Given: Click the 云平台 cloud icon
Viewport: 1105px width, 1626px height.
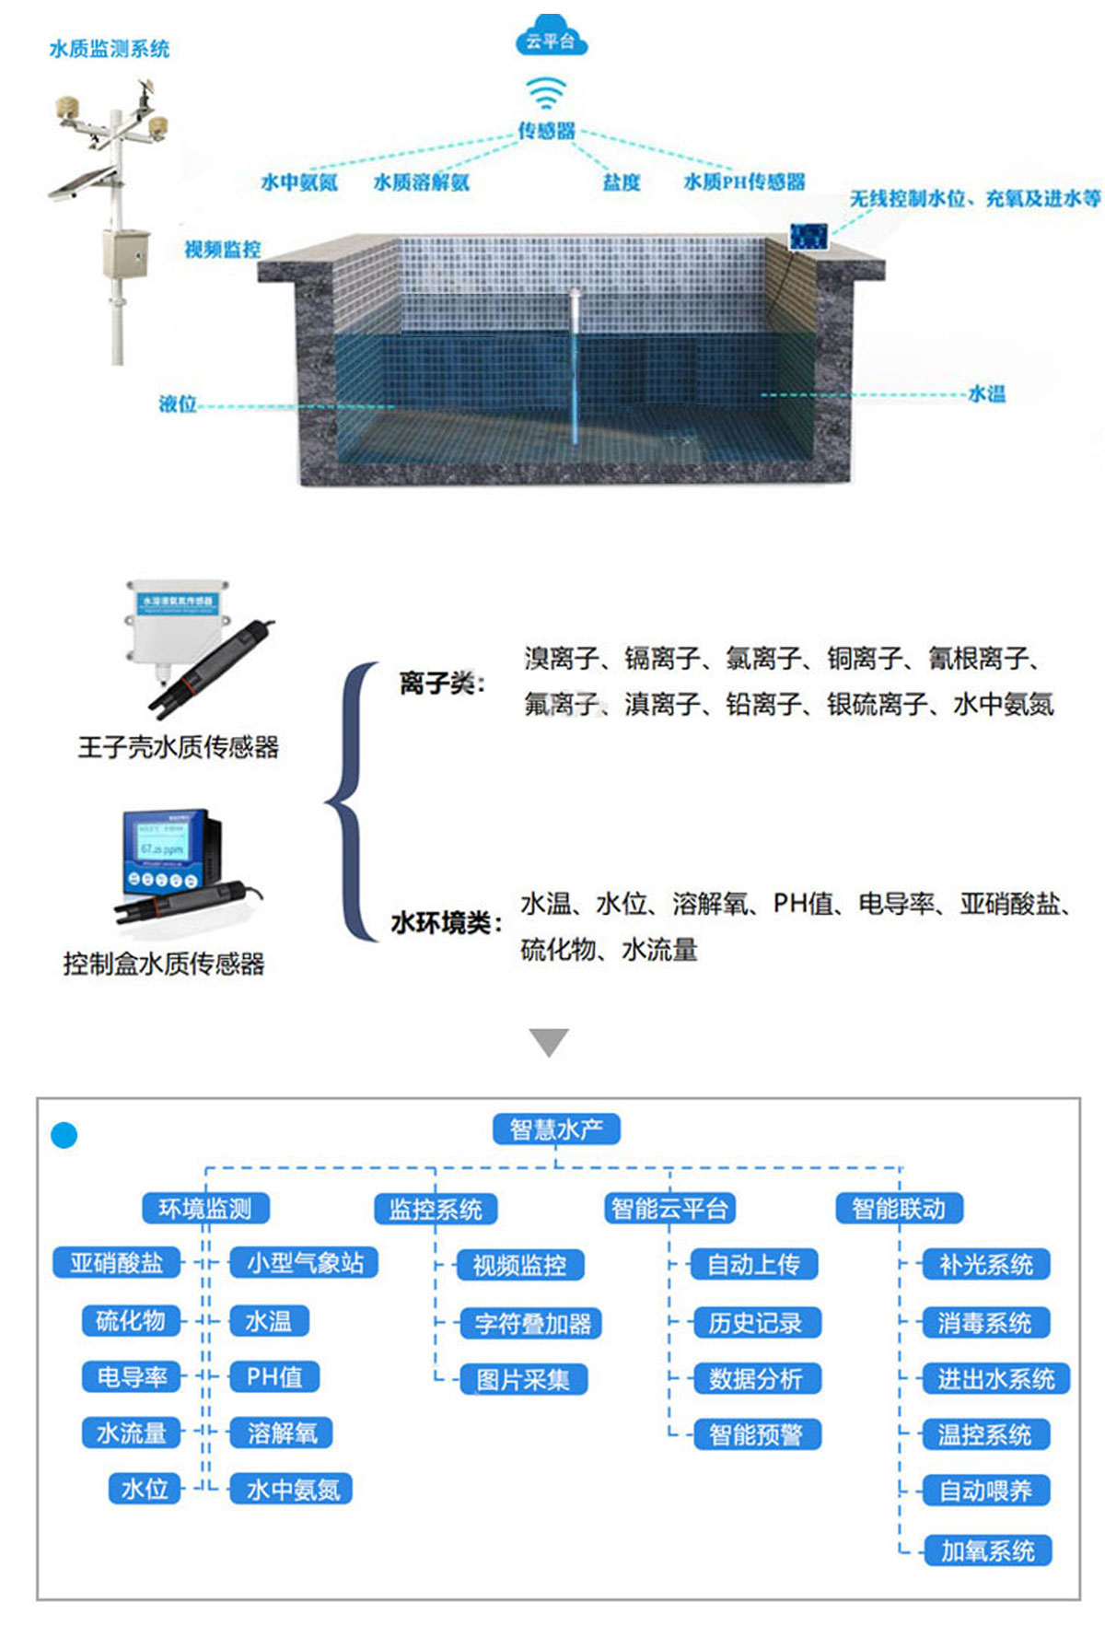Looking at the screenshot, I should click(x=551, y=39).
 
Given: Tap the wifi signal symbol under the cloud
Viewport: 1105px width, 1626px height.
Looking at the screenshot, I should click(x=546, y=92).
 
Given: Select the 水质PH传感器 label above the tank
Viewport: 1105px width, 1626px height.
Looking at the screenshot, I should click(x=744, y=181).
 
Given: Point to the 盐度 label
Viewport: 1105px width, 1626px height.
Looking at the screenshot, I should click(x=622, y=182).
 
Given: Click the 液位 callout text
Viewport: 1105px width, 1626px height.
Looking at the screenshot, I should click(x=178, y=404).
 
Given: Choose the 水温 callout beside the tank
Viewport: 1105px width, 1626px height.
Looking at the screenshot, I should click(x=986, y=394).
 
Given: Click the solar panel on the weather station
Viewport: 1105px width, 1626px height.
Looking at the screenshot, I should click(x=82, y=182).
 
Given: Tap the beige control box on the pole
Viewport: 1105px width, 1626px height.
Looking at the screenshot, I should click(x=124, y=253).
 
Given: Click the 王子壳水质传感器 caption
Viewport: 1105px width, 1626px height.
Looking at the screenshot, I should click(x=178, y=746).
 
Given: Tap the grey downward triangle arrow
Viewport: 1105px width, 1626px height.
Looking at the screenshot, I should click(x=549, y=1042).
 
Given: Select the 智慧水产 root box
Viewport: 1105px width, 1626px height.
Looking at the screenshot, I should click(x=555, y=1129).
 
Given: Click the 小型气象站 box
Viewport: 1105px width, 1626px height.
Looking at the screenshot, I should click(x=305, y=1262).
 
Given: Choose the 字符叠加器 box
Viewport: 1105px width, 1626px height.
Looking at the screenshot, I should click(x=532, y=1324).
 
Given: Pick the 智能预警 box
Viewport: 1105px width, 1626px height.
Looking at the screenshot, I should click(x=755, y=1434).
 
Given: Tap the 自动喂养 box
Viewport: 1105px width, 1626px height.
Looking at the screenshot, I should click(x=985, y=1491).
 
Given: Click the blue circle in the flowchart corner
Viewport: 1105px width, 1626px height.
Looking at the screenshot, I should click(x=64, y=1135).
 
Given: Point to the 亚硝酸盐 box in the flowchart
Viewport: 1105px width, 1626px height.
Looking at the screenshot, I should click(x=117, y=1262).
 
